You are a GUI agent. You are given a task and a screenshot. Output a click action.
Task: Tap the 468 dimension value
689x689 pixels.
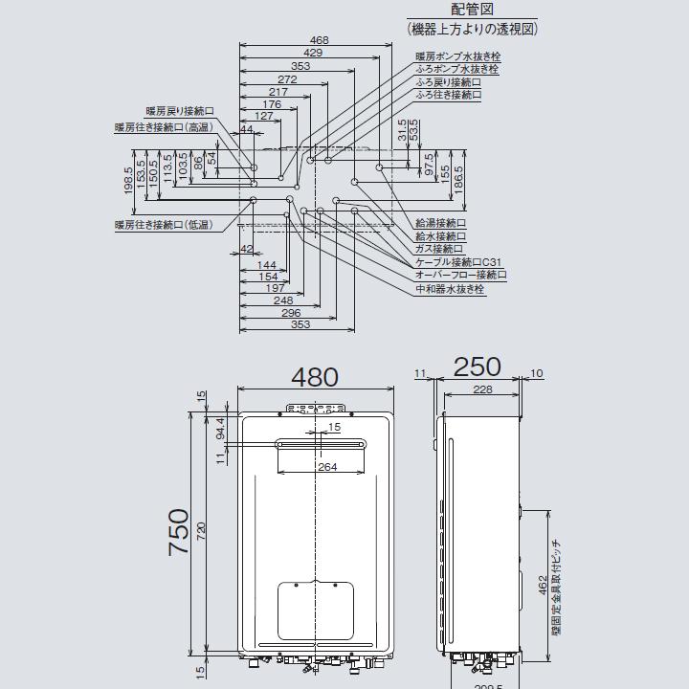pyautogui.click(x=320, y=40)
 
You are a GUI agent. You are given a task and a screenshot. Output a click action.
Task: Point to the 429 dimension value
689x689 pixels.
pyautogui.click(x=312, y=53)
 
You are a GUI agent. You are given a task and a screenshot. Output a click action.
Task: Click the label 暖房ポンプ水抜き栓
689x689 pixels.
pyautogui.click(x=458, y=57)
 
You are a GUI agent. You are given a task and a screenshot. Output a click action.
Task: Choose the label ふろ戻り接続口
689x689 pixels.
pyautogui.click(x=448, y=83)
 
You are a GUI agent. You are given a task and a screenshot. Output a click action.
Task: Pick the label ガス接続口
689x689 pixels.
pyautogui.click(x=440, y=248)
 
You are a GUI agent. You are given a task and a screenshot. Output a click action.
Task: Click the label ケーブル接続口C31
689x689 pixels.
pyautogui.click(x=458, y=261)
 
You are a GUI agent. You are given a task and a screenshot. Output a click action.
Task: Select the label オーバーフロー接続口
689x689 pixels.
pyautogui.click(x=460, y=275)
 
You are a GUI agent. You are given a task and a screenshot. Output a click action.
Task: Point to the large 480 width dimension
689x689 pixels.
pyautogui.click(x=315, y=376)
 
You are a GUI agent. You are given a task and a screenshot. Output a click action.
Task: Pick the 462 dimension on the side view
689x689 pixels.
pyautogui.click(x=543, y=583)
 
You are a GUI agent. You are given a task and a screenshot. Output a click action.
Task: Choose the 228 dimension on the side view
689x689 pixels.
pyautogui.click(x=482, y=389)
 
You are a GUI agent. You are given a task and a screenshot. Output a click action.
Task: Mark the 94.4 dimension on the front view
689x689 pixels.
pyautogui.click(x=221, y=427)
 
